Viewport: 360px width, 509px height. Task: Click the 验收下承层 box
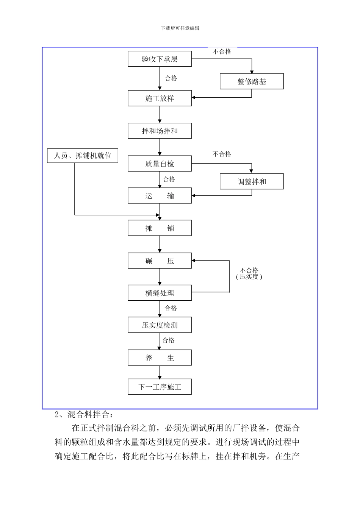(160, 59)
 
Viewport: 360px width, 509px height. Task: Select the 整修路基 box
(252, 81)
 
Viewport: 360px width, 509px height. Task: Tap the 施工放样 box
(160, 98)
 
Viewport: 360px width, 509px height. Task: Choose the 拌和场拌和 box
(160, 131)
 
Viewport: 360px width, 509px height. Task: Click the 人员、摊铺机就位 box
(83, 156)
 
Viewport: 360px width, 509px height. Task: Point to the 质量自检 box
(160, 164)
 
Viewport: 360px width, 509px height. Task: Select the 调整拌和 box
(252, 181)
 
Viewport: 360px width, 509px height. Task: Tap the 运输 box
(160, 196)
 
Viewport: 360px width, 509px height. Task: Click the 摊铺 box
(160, 228)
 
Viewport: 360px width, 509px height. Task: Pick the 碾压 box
(160, 261)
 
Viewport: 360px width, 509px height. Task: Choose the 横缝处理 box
(160, 293)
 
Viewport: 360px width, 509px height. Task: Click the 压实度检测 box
(160, 325)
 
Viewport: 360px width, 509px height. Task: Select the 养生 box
(160, 358)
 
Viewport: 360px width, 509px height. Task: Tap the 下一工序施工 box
(160, 387)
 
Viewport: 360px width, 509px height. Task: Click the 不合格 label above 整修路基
(222, 52)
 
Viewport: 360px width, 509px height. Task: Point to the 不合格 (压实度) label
(249, 273)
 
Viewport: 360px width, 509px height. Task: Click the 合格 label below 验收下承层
(171, 78)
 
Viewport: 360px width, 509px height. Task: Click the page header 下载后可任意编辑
(180, 28)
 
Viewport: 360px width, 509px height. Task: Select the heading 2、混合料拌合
(84, 414)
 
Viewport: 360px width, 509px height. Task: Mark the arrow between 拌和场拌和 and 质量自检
(160, 147)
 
